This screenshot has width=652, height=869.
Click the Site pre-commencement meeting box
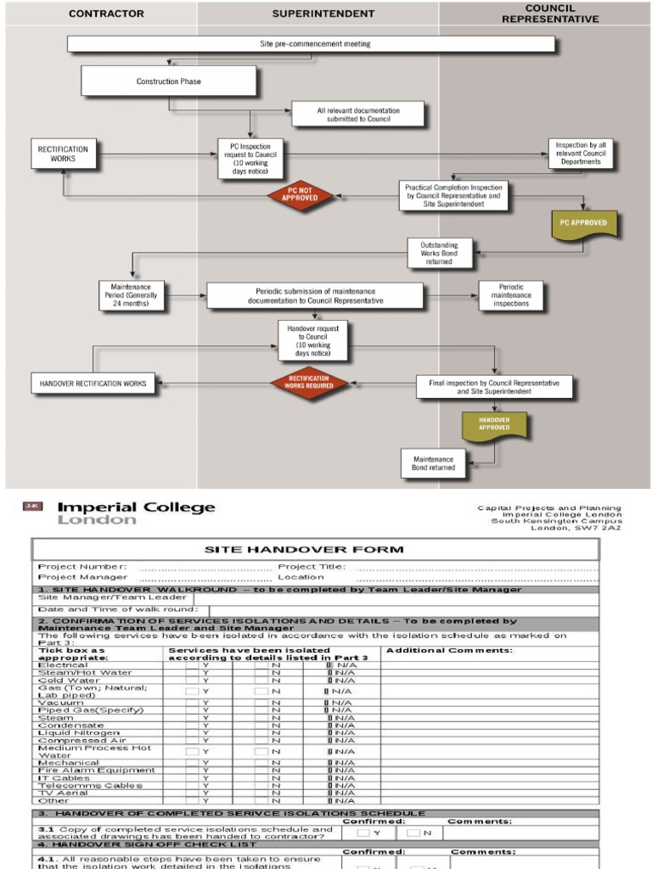coord(311,44)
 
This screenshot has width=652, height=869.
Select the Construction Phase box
coord(168,81)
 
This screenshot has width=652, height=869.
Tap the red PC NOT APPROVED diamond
coord(299,194)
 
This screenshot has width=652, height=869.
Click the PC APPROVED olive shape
coord(583,223)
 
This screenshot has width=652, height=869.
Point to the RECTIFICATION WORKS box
coord(62,154)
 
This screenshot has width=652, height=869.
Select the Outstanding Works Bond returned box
coord(439,252)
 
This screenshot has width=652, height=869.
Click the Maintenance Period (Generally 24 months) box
coord(130,296)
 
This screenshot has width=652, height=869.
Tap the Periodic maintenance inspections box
coord(510,296)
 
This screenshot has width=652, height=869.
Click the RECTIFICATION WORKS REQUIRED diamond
coord(310,383)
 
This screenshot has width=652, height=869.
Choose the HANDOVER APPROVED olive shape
coord(493,424)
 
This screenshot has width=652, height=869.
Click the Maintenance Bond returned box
coord(433,463)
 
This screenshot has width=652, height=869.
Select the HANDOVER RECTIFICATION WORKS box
coord(93,384)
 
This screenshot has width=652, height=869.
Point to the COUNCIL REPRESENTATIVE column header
coord(549,13)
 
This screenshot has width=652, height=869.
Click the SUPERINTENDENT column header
coord(323,14)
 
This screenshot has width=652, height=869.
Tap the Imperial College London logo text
coord(135,513)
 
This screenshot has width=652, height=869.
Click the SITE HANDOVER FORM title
coord(316,549)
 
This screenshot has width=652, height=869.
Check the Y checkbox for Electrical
coord(192,665)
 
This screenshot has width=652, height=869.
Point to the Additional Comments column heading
coord(449,651)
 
